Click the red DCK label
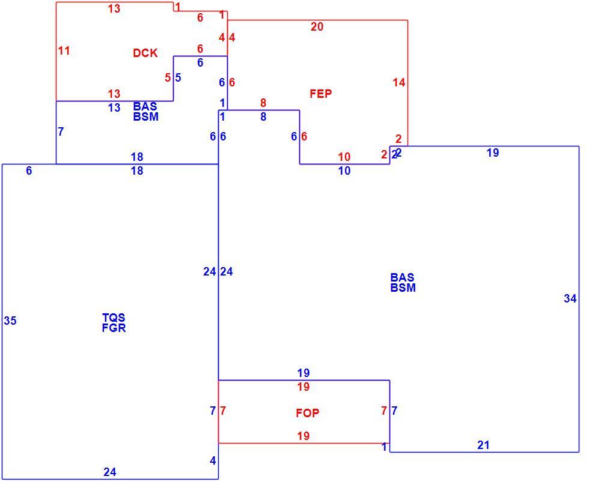coord(145,53)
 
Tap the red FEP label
coord(321,94)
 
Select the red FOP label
coord(307,413)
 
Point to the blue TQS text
coord(114,318)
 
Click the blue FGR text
coord(114,328)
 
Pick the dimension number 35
coord(10,321)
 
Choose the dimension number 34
coord(570,299)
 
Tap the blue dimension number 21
coord(483,445)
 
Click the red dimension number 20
coord(317,26)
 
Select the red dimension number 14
coord(399,82)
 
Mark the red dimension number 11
coord(64,50)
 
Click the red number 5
coord(168,77)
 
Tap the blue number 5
coord(178,77)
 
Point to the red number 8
coord(263,103)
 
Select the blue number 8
coord(263,117)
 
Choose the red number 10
coord(344,157)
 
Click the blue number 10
coord(344,170)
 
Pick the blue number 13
coord(114,107)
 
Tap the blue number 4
coord(213,460)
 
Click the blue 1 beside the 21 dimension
coord(385,447)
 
